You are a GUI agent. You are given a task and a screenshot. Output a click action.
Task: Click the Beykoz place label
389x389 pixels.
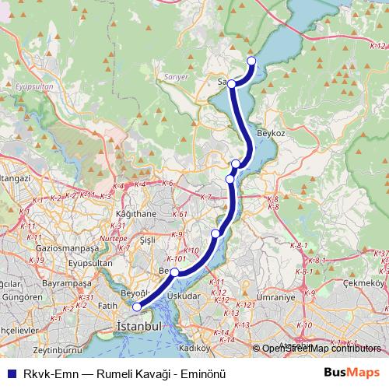(272, 135)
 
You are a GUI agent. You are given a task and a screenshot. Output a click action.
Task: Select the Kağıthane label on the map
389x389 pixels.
(135, 214)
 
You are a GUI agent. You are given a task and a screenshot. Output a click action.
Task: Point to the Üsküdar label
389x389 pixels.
(184, 296)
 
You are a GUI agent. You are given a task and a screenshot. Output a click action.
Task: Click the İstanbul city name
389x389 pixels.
(138, 326)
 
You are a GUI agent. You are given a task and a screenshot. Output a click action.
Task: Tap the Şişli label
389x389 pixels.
(148, 241)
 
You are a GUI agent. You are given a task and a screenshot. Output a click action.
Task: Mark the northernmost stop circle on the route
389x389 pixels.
(251, 61)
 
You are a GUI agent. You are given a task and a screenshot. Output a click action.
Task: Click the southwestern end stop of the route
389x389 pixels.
(138, 307)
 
